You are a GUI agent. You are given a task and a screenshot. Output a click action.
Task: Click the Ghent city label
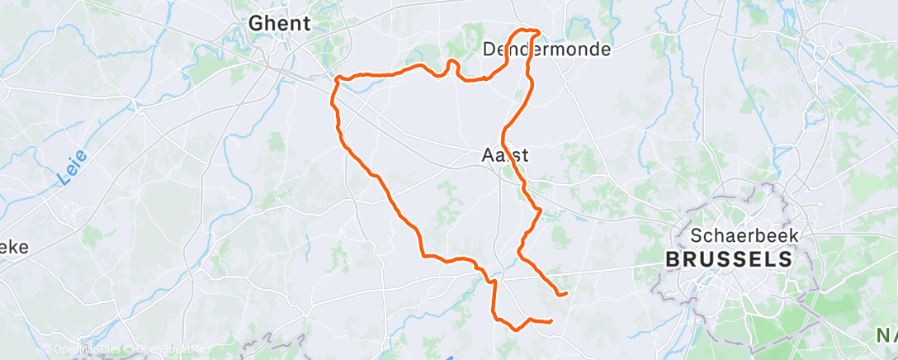[x=281, y=24]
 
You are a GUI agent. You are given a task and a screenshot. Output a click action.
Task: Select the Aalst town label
[x=504, y=154]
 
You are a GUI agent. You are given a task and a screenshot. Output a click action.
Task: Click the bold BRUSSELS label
[x=729, y=259]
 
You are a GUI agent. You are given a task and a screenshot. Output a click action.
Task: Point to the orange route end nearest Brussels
[x=565, y=292]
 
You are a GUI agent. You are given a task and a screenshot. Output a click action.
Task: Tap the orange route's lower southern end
[x=550, y=321]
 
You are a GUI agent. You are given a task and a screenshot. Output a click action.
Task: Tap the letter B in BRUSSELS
[x=672, y=259]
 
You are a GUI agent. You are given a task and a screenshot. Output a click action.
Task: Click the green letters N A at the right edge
[x=885, y=336]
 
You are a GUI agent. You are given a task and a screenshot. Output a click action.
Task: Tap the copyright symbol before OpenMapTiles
[x=46, y=350]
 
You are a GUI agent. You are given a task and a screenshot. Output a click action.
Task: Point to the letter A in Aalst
[x=488, y=154]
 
